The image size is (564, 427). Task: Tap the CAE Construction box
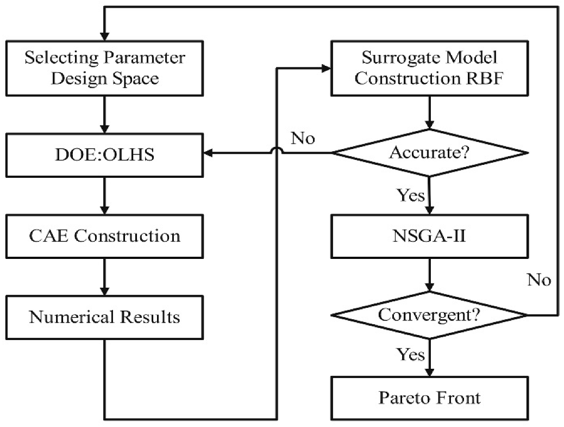click(103, 236)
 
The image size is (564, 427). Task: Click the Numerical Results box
click(103, 317)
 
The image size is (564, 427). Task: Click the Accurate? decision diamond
click(430, 152)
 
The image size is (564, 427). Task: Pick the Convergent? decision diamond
click(430, 315)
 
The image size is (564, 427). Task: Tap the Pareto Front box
click(430, 398)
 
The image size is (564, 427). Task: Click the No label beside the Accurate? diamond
click(303, 139)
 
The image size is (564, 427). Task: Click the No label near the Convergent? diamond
click(539, 280)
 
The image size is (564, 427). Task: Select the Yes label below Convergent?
click(411, 355)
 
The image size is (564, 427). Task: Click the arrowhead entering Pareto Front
click(430, 371)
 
